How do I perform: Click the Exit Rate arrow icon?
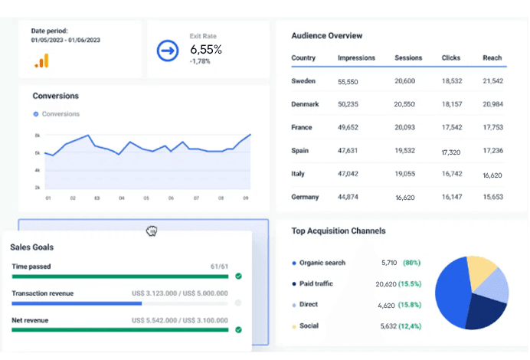coord(167,51)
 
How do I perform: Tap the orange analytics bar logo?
coord(41,61)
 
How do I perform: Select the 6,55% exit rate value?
coord(206,50)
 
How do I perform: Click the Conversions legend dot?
coord(35,114)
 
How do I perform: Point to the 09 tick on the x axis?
coord(246,198)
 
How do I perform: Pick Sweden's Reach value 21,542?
coord(492,81)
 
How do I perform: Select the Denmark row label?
coord(305,104)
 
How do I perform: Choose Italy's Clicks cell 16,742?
coord(452,174)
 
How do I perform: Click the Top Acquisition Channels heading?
coord(339,231)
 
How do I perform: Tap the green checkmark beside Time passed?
coord(238,276)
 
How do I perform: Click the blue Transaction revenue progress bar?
coord(77,303)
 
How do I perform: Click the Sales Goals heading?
coord(31,247)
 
